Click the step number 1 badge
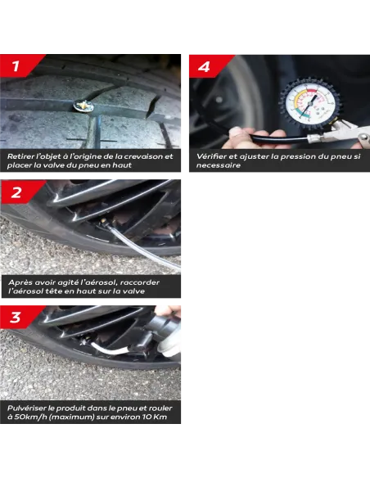click(18, 65)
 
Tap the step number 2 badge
click(19, 192)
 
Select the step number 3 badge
click(18, 318)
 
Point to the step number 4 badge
click(207, 66)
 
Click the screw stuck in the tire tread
click(83, 106)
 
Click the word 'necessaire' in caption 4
click(219, 165)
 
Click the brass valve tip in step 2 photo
click(104, 220)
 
